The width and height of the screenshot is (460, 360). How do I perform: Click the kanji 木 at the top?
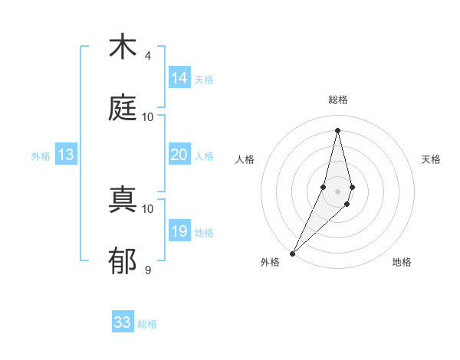click(x=123, y=47)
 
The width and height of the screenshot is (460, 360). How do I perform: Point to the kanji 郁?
click(x=123, y=261)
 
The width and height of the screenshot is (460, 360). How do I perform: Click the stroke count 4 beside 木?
click(x=148, y=56)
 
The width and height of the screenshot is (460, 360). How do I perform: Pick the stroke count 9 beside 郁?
click(x=148, y=270)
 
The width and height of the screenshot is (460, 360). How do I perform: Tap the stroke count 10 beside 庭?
click(x=148, y=116)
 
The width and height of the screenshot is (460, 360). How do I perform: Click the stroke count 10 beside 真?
click(x=148, y=208)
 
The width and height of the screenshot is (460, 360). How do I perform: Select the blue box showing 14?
click(x=179, y=78)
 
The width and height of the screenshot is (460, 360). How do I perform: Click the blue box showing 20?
click(x=179, y=155)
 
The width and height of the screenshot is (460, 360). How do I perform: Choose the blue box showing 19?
click(x=179, y=231)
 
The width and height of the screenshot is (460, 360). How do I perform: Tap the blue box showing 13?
click(x=66, y=155)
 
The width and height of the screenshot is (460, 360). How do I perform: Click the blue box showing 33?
click(x=123, y=322)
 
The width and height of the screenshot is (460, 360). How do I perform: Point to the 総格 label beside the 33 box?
click(x=148, y=324)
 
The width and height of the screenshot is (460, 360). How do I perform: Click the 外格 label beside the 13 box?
click(x=41, y=156)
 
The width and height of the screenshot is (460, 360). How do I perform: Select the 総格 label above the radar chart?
click(x=338, y=100)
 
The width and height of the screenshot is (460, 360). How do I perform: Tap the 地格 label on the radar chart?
click(x=402, y=262)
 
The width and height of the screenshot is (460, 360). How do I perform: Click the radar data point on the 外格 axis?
click(x=293, y=252)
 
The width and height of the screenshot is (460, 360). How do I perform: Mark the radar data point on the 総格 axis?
click(x=337, y=130)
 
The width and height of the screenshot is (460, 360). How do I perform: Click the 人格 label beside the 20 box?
click(x=204, y=156)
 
